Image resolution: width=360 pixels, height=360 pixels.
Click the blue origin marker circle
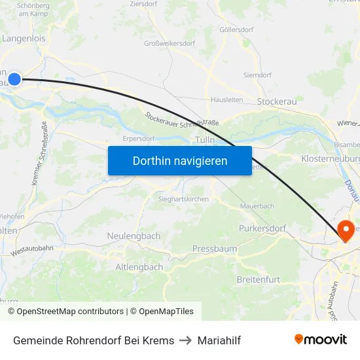click(x=14, y=80)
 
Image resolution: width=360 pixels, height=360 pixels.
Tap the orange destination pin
click(x=346, y=231)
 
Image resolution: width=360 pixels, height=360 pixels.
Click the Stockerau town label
click(x=277, y=101)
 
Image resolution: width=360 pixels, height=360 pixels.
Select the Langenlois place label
click(x=24, y=39)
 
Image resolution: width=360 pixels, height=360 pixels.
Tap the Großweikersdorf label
click(x=170, y=44)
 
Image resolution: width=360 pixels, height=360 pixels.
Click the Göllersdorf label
click(x=236, y=29)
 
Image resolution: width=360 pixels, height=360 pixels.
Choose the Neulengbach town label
click(x=134, y=236)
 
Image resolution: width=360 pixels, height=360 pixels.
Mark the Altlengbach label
click(x=139, y=267)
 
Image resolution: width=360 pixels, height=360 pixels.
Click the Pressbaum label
click(x=214, y=249)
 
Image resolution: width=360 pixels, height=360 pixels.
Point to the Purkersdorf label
click(x=262, y=228)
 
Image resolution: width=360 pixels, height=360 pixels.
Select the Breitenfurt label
click(x=259, y=279)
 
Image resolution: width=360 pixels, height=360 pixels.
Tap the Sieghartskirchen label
click(x=183, y=198)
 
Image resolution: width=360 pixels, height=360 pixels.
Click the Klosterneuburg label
click(x=331, y=159)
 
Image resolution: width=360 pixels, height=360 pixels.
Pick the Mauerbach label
click(x=257, y=206)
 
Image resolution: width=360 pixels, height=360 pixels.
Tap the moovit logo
click(x=321, y=340)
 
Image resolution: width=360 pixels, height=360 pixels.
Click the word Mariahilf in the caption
click(x=219, y=340)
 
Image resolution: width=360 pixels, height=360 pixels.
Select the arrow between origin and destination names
click(x=186, y=340)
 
